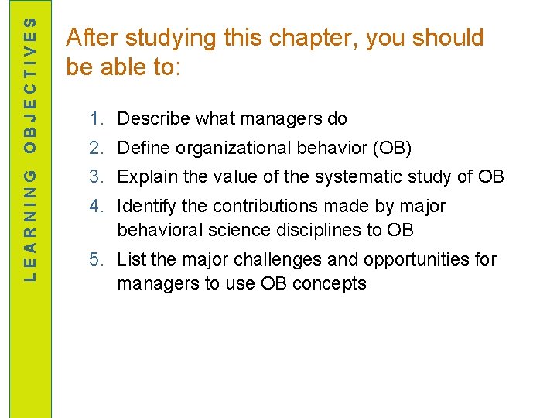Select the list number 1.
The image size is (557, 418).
(96, 119)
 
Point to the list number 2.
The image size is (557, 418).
(96, 148)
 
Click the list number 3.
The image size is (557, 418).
(96, 176)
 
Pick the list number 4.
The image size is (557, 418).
(96, 206)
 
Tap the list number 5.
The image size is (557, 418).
(96, 259)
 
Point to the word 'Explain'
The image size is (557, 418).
(147, 176)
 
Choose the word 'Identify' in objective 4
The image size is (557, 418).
(146, 206)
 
